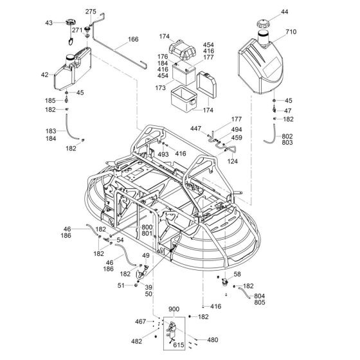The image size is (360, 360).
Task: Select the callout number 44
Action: (285, 12)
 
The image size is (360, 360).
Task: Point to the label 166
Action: (133, 40)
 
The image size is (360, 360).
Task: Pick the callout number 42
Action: (44, 75)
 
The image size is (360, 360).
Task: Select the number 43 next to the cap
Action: (48, 24)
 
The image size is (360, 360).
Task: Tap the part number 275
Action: (91, 12)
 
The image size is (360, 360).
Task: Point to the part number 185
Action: (50, 102)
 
